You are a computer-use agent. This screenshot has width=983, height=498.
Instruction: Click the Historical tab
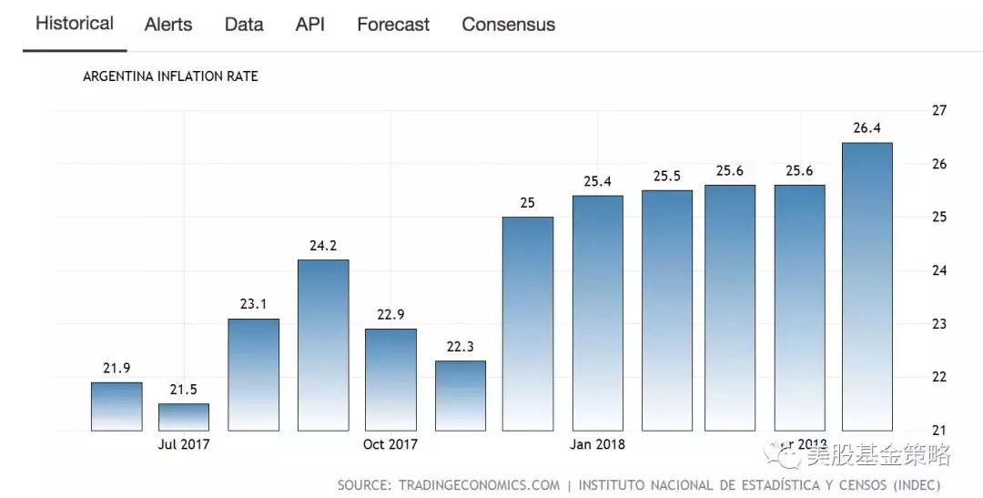coord(75,24)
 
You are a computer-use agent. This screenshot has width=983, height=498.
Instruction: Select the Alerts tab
coord(168,25)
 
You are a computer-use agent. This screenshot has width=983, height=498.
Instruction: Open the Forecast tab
coord(393,25)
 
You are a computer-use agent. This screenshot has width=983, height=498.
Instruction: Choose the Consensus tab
coord(508,25)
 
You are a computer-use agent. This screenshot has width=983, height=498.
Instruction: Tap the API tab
coord(310,25)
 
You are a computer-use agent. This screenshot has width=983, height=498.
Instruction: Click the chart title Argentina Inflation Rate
coord(170,76)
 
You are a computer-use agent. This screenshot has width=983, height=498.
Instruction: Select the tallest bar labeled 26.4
coord(866,286)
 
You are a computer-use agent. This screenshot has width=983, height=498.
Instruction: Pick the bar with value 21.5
coord(184,417)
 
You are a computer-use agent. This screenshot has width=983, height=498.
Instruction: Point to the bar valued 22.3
coord(460,395)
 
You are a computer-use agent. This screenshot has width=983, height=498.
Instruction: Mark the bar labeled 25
coord(528,323)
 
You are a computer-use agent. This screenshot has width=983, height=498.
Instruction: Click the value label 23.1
coord(253,304)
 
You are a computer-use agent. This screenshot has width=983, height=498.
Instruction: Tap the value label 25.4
coord(597,181)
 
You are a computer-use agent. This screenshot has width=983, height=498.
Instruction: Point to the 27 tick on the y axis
coord(939,110)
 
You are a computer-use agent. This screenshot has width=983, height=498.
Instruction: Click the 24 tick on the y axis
coord(939,270)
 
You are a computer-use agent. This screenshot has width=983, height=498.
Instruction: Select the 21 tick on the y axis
coord(939,431)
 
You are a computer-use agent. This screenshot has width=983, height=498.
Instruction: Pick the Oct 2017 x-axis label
coord(390,444)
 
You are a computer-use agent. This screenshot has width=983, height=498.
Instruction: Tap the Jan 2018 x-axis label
coord(597,444)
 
